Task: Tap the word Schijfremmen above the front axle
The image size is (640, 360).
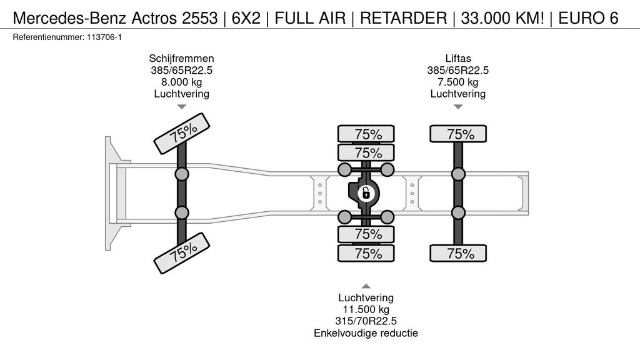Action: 181,58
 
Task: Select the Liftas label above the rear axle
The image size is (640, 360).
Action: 457,58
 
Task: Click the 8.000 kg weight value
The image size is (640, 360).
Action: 181,82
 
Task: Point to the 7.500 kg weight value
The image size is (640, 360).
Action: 457,82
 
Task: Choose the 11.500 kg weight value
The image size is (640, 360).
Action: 366,309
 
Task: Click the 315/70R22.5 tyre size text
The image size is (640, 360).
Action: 366,321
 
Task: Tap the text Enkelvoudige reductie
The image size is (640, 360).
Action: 366,333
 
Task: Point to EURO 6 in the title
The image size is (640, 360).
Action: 589,18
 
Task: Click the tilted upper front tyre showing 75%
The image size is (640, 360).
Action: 182,133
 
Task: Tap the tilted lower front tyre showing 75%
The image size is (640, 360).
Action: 182,252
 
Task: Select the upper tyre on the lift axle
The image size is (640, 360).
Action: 459,134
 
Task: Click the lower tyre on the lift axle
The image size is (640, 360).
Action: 459,253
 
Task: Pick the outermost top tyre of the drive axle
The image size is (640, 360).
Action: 367,134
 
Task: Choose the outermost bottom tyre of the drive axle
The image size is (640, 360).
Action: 367,253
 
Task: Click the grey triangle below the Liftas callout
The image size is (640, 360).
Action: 458,107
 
